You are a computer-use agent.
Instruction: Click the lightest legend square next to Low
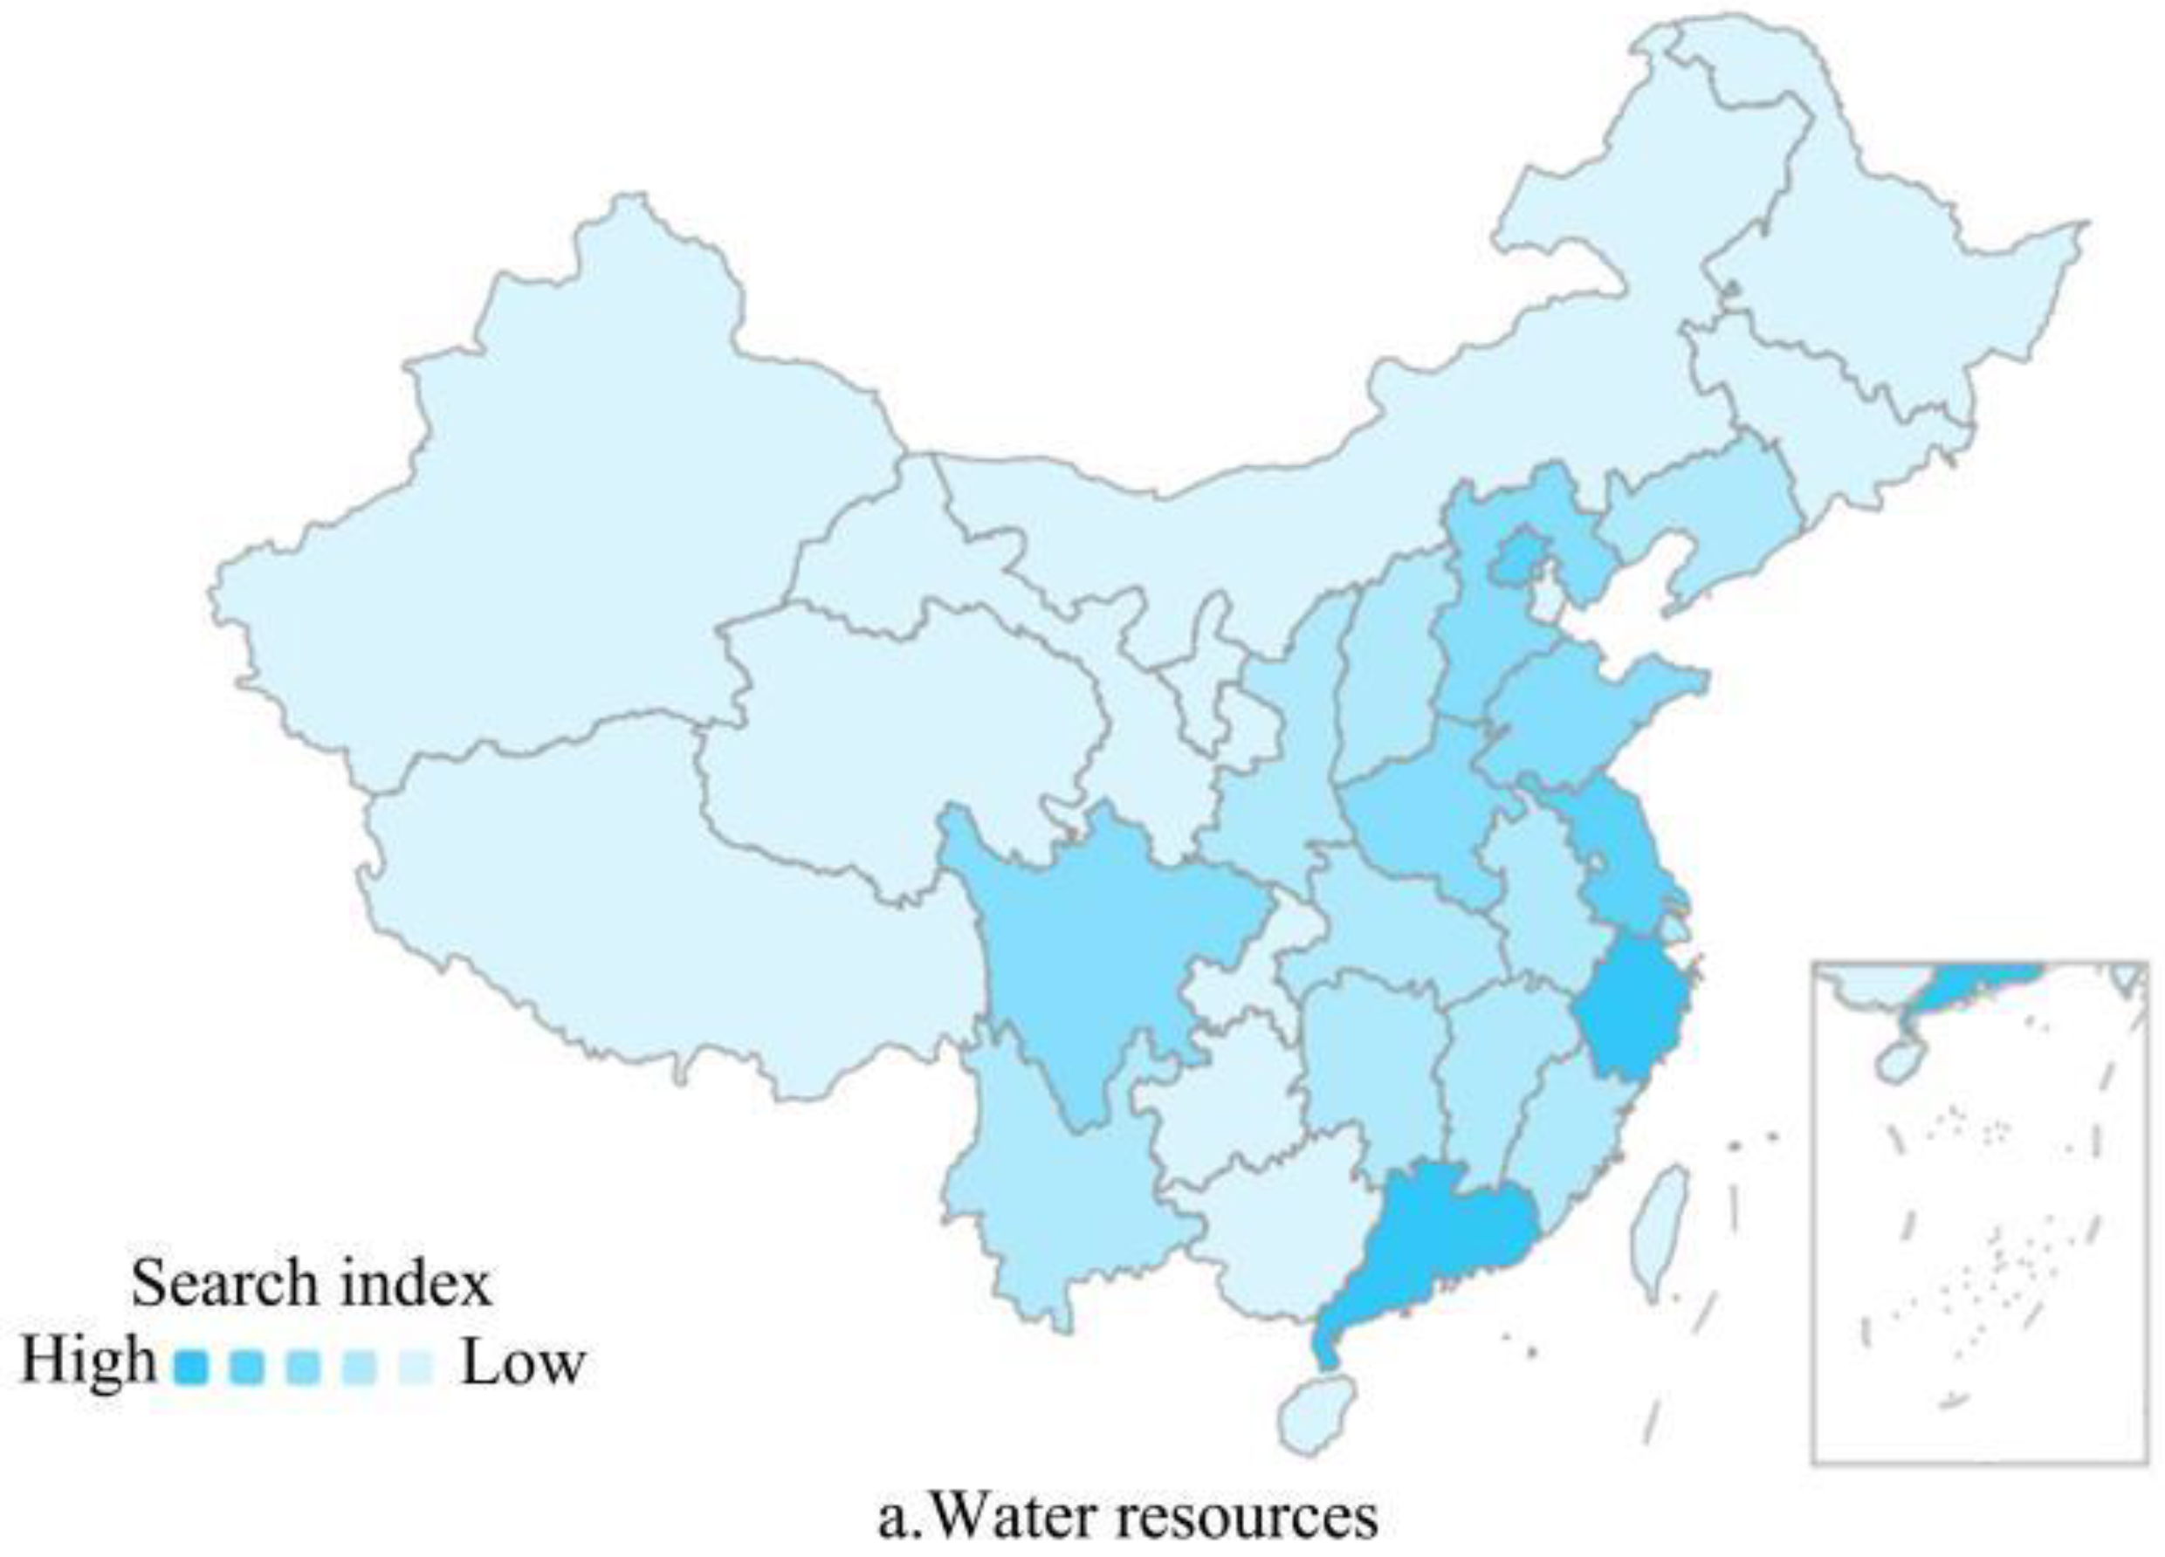pos(416,1368)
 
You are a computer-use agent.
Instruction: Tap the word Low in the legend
pos(522,1362)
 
